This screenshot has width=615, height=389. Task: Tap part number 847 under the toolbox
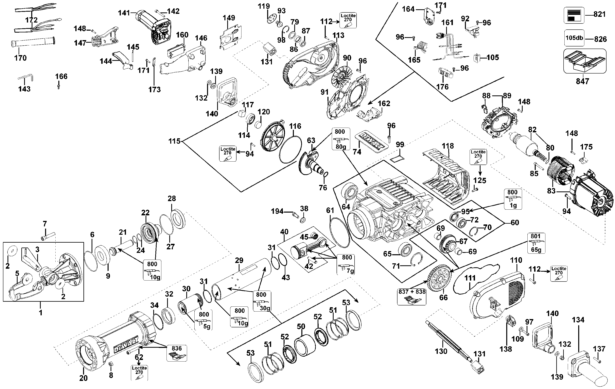582,81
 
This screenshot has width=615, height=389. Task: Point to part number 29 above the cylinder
239,260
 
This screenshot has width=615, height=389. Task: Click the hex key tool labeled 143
26,77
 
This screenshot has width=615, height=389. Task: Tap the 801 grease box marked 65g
536,243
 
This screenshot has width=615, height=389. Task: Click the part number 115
174,141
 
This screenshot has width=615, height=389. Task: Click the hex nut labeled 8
111,364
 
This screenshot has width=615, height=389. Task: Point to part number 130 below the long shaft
441,351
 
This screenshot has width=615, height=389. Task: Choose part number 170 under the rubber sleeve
20,58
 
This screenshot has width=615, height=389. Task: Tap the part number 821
599,14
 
